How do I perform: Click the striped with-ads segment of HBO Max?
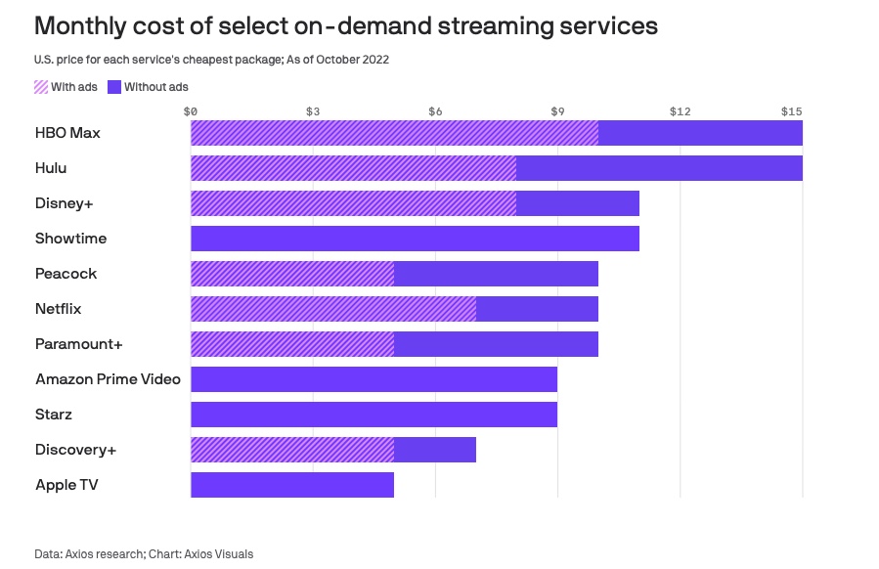(x=394, y=133)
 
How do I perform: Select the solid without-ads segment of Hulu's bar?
(x=659, y=168)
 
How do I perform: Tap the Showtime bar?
(x=415, y=239)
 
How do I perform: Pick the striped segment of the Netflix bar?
(x=333, y=309)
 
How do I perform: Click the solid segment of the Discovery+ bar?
(x=435, y=450)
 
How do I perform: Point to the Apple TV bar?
(x=292, y=485)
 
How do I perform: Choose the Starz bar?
(x=374, y=415)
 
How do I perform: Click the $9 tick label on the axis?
(x=557, y=111)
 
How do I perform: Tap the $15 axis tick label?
(x=791, y=111)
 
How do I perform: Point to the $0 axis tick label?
(x=191, y=111)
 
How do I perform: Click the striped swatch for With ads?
(x=41, y=87)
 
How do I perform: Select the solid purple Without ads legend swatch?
(x=113, y=87)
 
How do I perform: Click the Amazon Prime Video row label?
(x=108, y=379)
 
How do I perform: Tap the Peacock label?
(x=66, y=274)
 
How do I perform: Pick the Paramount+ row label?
(x=78, y=344)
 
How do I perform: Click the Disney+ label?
(x=64, y=203)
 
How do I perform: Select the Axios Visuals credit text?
(x=217, y=554)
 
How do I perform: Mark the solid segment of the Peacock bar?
(x=496, y=274)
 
